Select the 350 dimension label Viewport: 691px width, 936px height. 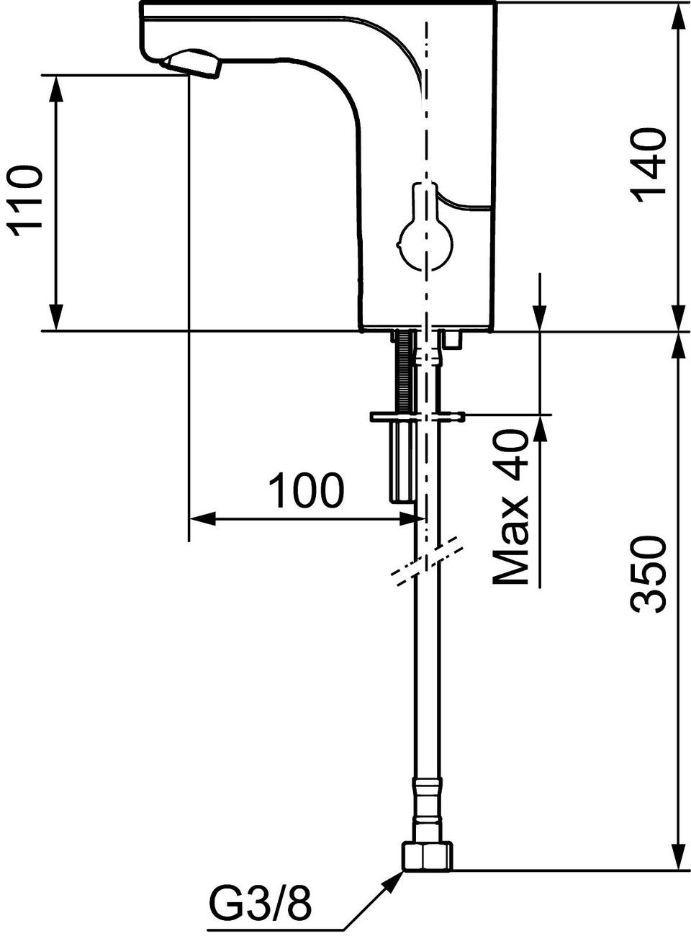pos(649,575)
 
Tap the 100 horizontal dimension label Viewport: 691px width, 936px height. pos(306,491)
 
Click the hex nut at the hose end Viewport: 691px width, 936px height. pos(428,817)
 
